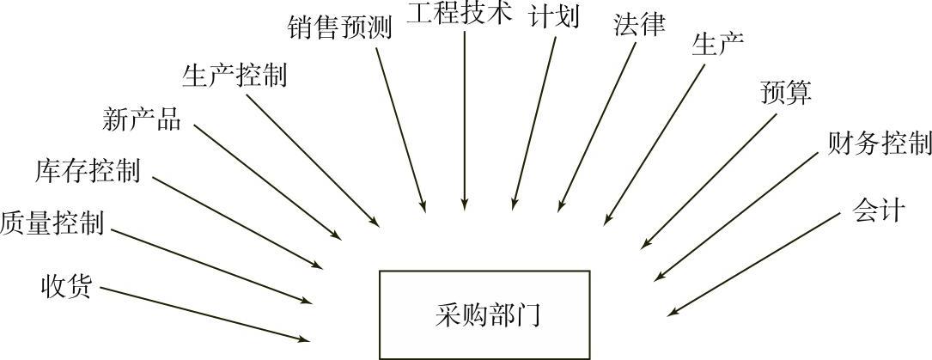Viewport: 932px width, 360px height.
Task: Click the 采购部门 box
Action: [x=484, y=314]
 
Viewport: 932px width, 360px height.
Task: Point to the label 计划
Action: [x=554, y=17]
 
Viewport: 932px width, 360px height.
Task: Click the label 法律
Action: [x=639, y=25]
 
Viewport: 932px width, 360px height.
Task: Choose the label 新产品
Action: [x=142, y=119]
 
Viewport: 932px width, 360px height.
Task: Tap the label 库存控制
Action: [x=88, y=170]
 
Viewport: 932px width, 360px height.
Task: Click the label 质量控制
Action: [x=52, y=223]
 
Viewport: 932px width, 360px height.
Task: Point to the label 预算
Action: [x=785, y=92]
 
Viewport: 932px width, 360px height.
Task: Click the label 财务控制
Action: [x=880, y=143]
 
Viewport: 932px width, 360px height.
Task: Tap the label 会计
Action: [x=879, y=210]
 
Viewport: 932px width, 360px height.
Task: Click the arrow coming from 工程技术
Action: [x=464, y=120]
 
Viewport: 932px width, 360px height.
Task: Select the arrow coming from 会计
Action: [x=753, y=263]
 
